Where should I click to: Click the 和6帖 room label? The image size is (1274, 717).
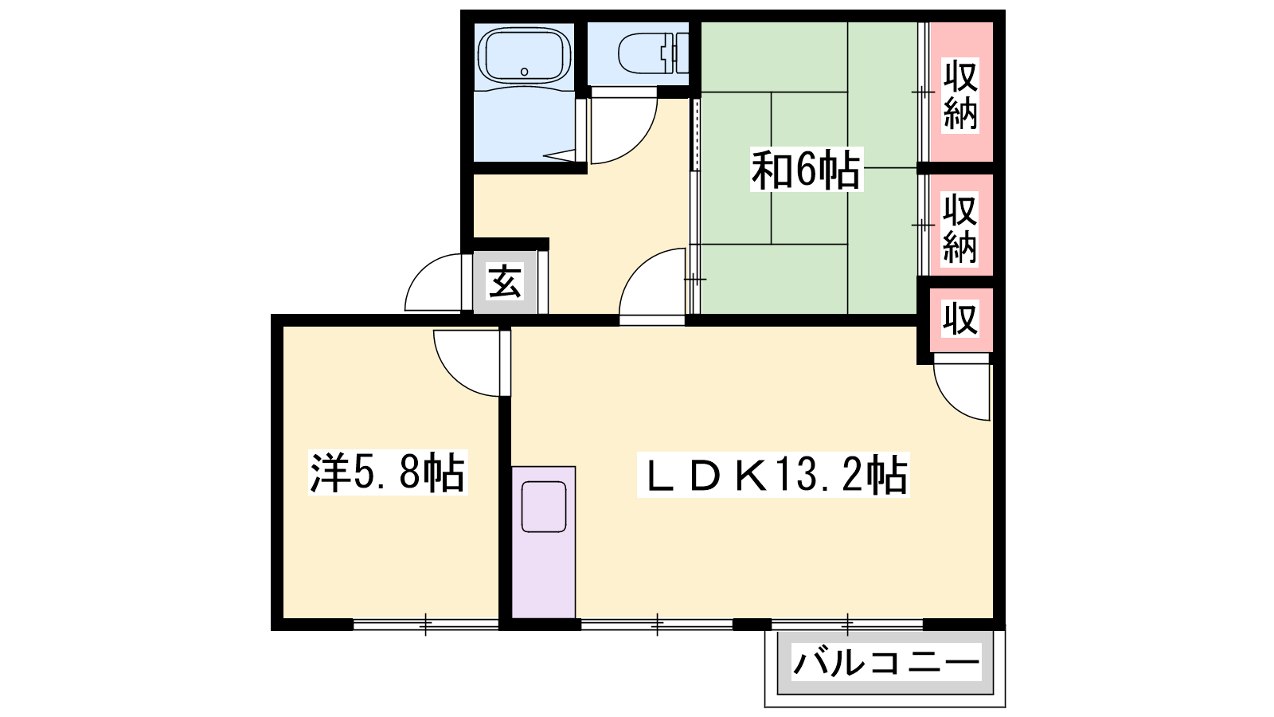pyautogui.click(x=806, y=170)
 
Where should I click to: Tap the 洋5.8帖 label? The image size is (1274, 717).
pyautogui.click(x=388, y=472)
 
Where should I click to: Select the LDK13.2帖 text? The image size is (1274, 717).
pyautogui.click(x=773, y=475)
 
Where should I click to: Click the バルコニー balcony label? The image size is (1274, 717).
pyautogui.click(x=886, y=662)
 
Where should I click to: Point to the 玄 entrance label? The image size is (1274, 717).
pyautogui.click(x=505, y=282)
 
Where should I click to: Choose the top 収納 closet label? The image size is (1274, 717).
pyautogui.click(x=960, y=95)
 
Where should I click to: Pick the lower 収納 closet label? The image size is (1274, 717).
pyautogui.click(x=960, y=228)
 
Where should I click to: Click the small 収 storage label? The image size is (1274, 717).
pyautogui.click(x=960, y=319)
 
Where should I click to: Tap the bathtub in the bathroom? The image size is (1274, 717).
pyautogui.click(x=524, y=56)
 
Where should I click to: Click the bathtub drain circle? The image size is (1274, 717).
pyautogui.click(x=525, y=72)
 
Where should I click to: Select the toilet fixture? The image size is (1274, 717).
pyautogui.click(x=654, y=53)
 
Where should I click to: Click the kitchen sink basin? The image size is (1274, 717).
pyautogui.click(x=544, y=507)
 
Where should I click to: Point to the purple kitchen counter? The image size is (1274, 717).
pyautogui.click(x=544, y=542)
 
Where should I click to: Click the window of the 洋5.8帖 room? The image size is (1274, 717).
pyautogui.click(x=426, y=625)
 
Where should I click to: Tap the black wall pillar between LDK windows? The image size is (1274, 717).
pyautogui.click(x=752, y=625)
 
